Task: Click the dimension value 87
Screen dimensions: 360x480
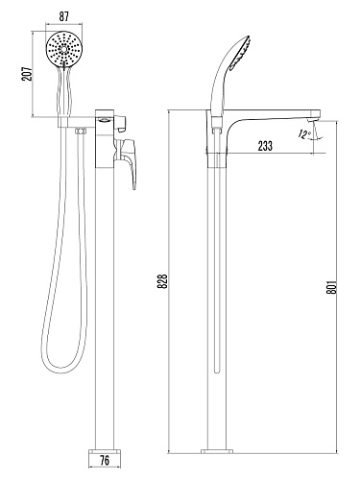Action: pyautogui.click(x=64, y=16)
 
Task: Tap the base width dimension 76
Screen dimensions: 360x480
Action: pyautogui.click(x=105, y=461)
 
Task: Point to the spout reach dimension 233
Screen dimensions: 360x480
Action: pyautogui.click(x=265, y=146)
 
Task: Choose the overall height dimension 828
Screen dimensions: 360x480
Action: pyautogui.click(x=162, y=281)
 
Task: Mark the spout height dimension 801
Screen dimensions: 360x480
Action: pyautogui.click(x=332, y=287)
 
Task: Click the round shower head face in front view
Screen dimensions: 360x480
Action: pyautogui.click(x=64, y=49)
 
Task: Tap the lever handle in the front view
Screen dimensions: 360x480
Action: pyautogui.click(x=127, y=162)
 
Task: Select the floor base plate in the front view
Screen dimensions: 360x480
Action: pyautogui.click(x=105, y=451)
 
